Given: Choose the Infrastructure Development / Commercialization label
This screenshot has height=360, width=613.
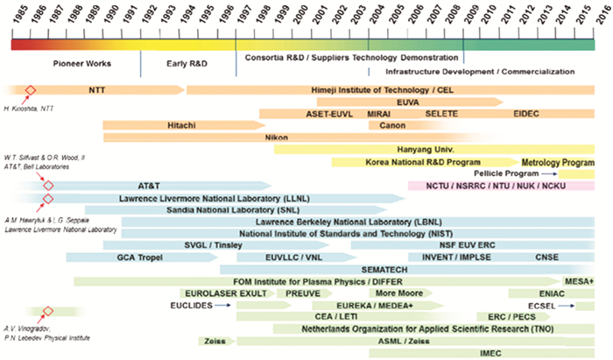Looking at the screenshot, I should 480,71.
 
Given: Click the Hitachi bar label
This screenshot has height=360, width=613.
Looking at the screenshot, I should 181,125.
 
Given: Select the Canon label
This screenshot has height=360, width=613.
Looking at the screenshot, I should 392,125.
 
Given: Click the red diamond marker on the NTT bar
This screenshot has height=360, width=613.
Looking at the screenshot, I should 31,90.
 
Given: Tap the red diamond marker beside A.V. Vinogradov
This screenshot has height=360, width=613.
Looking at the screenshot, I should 48,311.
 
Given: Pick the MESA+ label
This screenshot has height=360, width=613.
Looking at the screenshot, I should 580,281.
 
